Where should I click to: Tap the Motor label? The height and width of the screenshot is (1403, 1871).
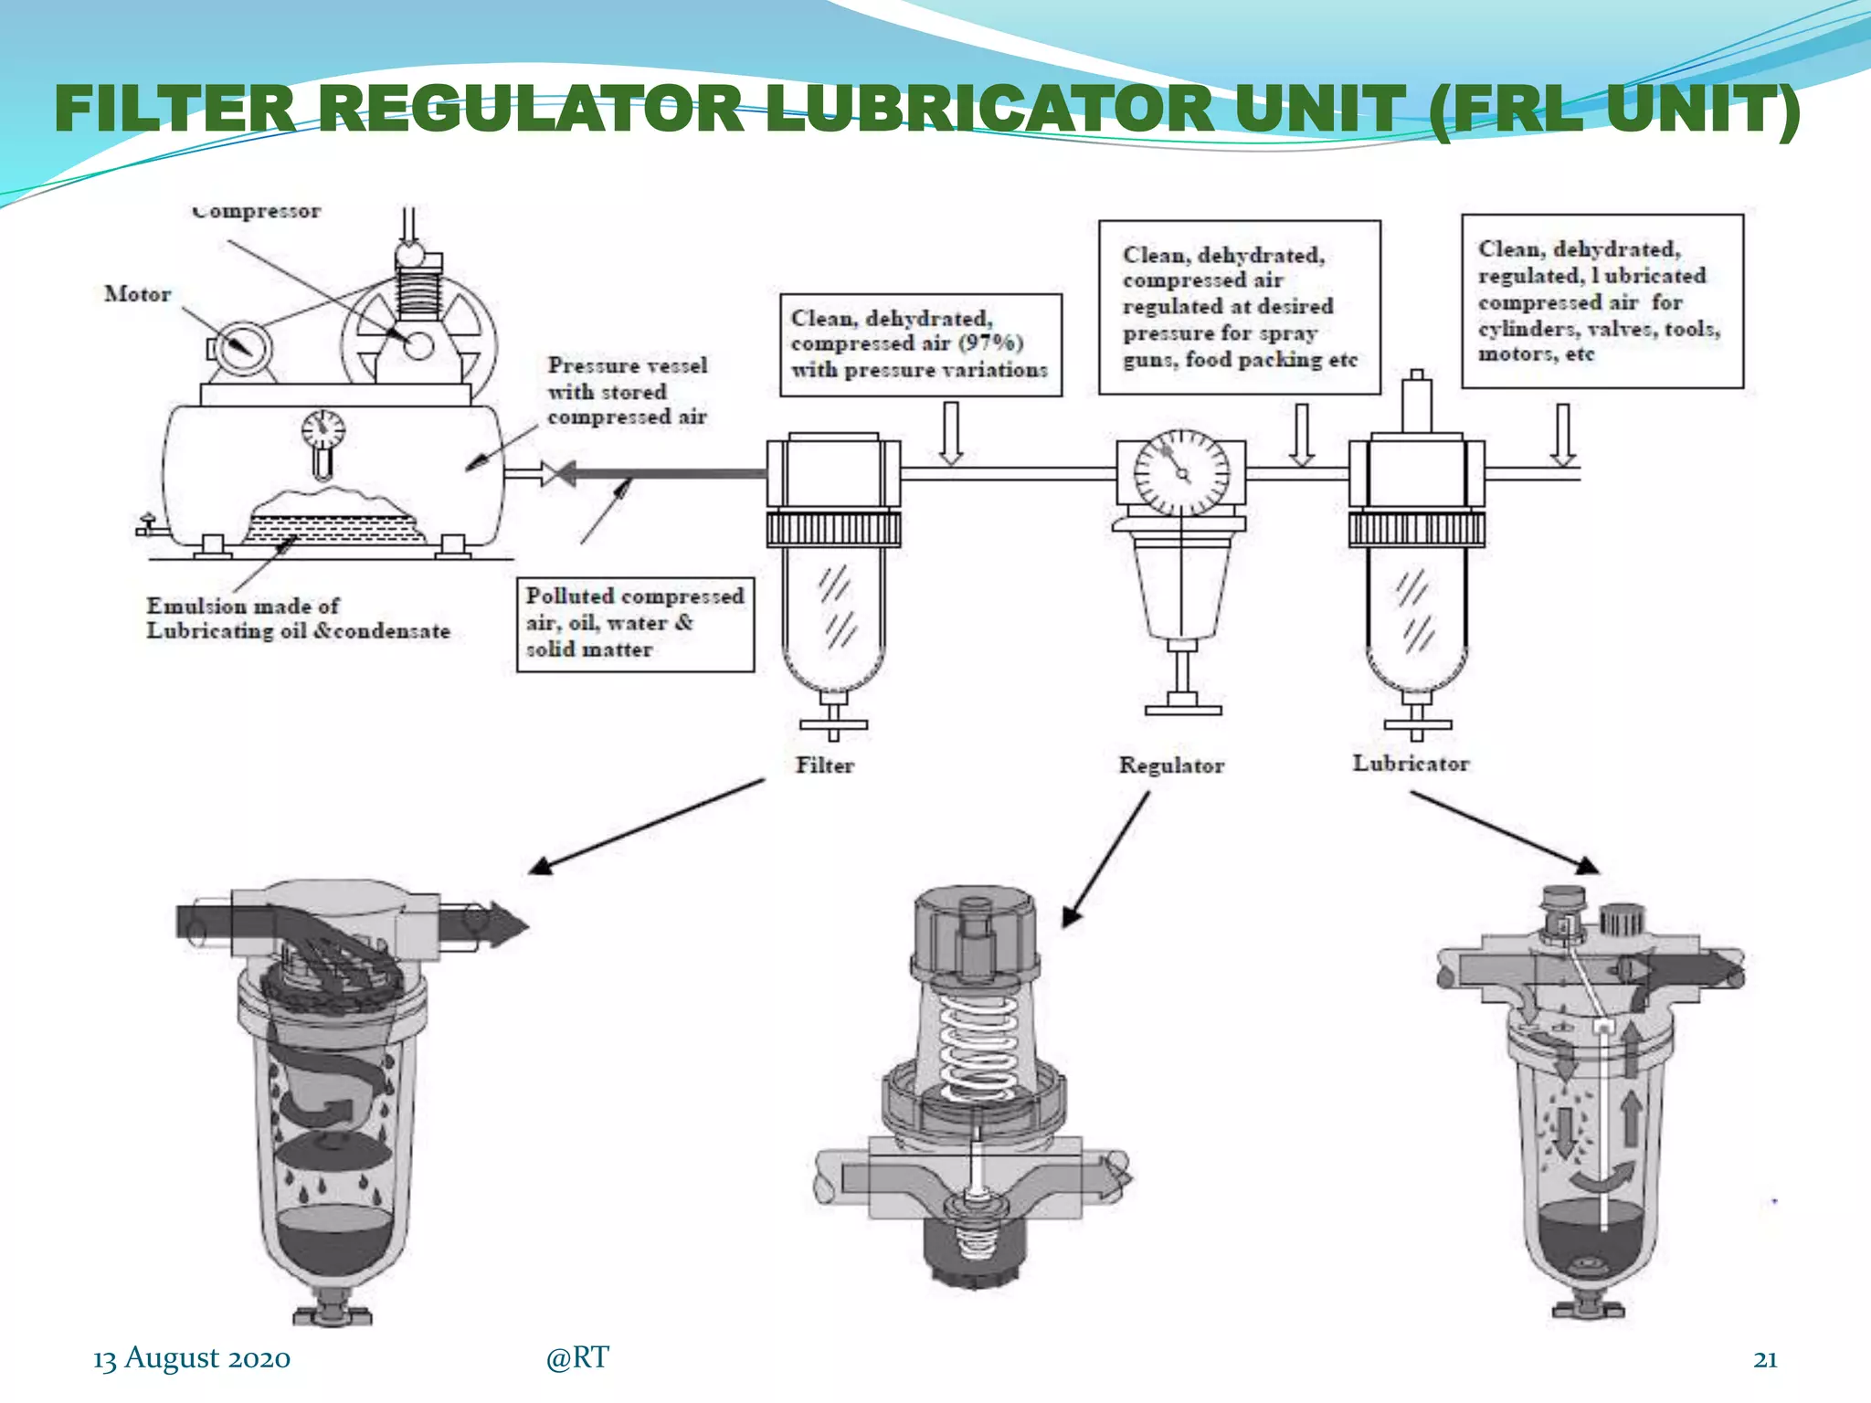(137, 294)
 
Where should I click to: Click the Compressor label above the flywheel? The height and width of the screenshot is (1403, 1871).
(257, 212)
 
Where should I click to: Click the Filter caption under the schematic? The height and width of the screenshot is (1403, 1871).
(824, 765)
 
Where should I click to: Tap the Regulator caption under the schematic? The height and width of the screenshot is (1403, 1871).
(1171, 765)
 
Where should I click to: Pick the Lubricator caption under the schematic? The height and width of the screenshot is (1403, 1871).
(1411, 764)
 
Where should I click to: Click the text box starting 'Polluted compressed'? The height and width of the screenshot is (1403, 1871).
(635, 624)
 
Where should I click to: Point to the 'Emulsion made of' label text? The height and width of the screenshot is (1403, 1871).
(243, 607)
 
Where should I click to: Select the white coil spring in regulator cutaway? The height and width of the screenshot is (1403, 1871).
(978, 1046)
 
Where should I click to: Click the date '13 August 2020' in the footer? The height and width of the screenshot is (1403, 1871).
(192, 1358)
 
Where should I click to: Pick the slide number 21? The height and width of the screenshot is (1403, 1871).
(1765, 1359)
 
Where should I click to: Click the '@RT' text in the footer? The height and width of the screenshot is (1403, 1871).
(576, 1358)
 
